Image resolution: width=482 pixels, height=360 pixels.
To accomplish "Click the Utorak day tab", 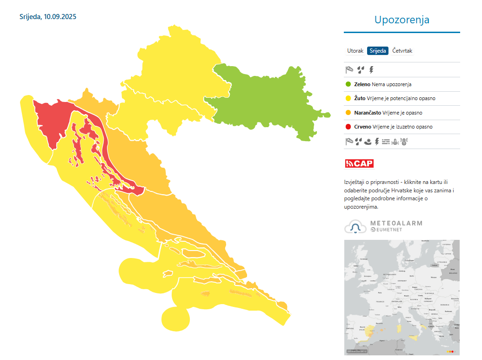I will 355,51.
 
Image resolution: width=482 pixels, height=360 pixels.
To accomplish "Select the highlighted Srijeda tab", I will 378,51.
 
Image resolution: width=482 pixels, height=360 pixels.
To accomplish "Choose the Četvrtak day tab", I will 402,51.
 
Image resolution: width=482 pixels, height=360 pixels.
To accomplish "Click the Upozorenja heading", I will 402,20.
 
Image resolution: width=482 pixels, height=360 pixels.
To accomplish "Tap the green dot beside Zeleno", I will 348,84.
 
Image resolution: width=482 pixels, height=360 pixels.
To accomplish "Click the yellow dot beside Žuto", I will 348,99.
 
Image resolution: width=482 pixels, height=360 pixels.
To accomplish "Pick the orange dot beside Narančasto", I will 348,113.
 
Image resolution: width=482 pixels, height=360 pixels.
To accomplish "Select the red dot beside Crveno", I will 348,127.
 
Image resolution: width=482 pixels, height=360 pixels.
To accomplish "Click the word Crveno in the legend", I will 362,127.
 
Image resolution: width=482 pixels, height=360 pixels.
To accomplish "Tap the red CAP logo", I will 359,163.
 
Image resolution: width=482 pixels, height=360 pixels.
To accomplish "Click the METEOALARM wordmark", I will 396,224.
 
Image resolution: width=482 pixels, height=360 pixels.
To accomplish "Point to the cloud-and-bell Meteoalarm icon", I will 355,227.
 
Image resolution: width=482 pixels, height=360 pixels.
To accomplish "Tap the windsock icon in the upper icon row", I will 349,70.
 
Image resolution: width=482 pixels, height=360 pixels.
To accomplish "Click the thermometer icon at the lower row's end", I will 403,142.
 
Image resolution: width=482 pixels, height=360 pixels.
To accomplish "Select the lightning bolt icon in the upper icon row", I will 371,70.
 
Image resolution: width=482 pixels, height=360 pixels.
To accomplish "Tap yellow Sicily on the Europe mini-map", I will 413,337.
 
